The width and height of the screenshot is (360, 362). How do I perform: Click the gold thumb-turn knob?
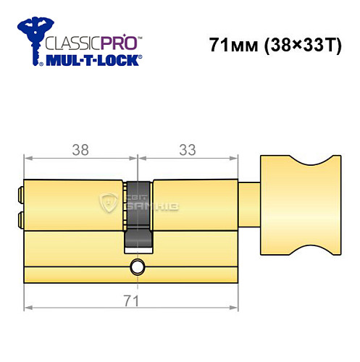298,205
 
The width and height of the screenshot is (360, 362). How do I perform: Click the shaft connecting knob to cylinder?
248,205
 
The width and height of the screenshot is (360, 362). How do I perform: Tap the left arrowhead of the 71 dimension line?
28,308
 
